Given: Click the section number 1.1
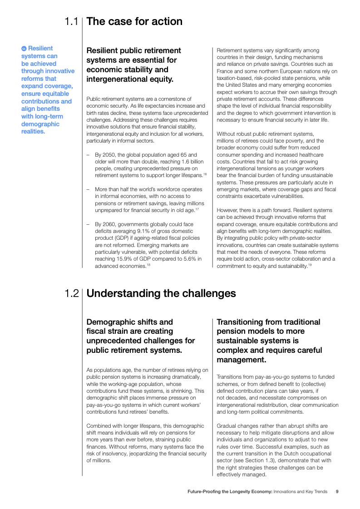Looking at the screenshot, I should [71, 21].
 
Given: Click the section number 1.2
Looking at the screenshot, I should [71, 293].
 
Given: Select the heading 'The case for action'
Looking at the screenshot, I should [134, 21].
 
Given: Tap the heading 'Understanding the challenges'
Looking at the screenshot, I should [161, 293].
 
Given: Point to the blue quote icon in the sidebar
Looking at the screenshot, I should [24, 49].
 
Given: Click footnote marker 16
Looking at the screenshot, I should [205, 174].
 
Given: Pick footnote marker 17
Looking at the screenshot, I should [197, 209].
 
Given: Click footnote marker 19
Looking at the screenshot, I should [310, 265].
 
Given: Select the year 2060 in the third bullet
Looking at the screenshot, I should [108, 224].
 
